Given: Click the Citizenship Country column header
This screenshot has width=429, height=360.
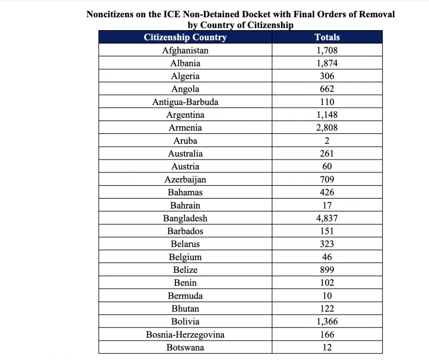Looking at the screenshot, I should (185, 37).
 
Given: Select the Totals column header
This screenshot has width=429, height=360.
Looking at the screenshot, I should (327, 37).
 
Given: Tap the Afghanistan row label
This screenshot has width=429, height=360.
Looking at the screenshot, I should (185, 50).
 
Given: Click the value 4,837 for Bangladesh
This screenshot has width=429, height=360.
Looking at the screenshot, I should (327, 218).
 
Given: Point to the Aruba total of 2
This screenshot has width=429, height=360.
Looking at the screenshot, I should (327, 141).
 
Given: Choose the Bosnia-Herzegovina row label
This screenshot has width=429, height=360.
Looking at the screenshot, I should (185, 335).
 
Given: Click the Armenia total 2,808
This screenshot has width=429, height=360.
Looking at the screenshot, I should (327, 128).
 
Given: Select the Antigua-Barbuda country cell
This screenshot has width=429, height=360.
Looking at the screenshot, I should (185, 102).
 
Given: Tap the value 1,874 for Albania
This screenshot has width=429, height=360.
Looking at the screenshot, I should (327, 63).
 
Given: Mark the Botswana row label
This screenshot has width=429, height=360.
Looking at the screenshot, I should (185, 348).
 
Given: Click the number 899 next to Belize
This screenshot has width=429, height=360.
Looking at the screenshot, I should (327, 270).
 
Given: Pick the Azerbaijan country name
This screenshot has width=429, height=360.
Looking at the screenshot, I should (185, 180).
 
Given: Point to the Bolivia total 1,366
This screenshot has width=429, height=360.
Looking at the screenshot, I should (327, 321).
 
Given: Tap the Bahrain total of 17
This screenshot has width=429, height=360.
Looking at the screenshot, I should (327, 205).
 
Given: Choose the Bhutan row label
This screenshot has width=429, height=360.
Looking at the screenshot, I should (185, 309).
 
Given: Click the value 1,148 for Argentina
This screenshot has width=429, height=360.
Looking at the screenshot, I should (327, 115).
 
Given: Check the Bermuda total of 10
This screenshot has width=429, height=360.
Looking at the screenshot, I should (327, 296).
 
